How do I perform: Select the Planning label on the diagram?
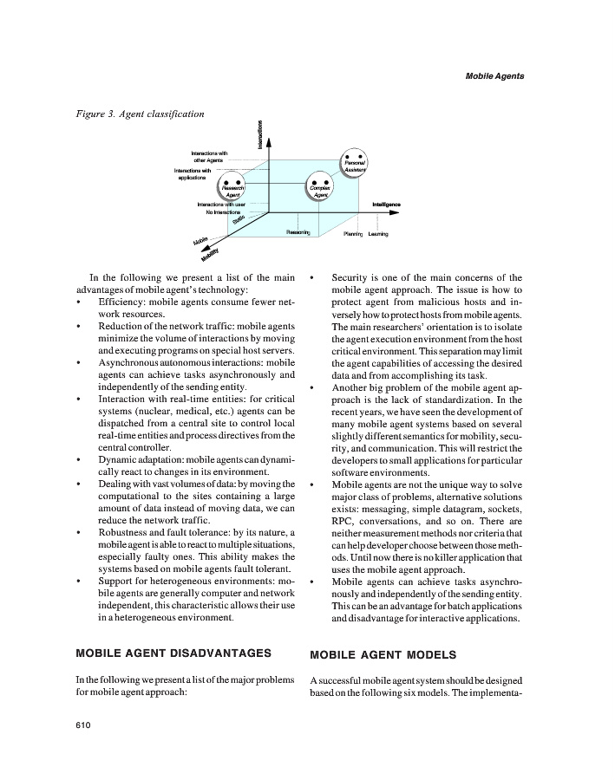(x=353, y=234)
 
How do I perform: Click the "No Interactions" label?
(x=223, y=211)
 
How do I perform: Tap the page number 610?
(x=85, y=725)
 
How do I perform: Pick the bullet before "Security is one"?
(x=311, y=278)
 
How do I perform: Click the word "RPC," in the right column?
(x=345, y=521)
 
